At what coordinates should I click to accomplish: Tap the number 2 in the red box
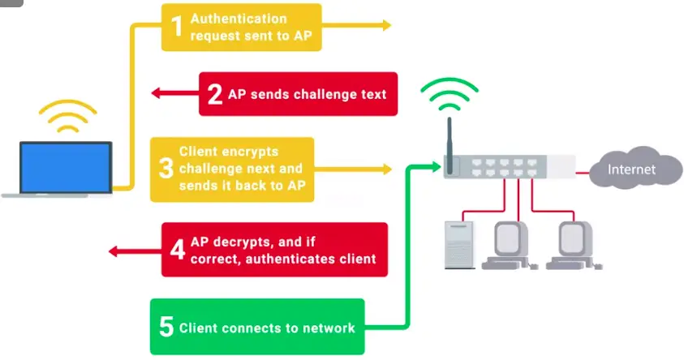click(x=215, y=93)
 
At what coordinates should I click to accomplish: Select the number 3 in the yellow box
click(x=166, y=169)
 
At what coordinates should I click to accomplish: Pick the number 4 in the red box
click(x=177, y=249)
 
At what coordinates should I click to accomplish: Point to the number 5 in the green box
click(x=166, y=328)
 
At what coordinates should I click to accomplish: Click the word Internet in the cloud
click(x=634, y=169)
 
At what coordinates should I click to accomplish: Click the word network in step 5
click(x=327, y=328)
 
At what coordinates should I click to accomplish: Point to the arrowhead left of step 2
click(x=157, y=93)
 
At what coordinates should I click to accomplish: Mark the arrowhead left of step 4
click(x=113, y=251)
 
